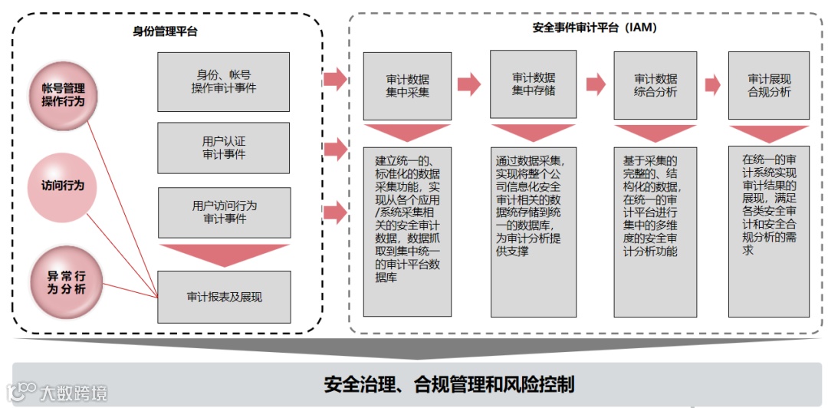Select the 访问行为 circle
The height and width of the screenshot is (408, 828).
pos(64,186)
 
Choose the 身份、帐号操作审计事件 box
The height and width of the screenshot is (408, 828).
pos(224,81)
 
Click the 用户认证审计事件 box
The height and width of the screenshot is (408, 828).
pos(224,148)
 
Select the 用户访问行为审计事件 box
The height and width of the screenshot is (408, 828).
pos(224,212)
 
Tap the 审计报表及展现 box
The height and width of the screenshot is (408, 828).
pos(224,296)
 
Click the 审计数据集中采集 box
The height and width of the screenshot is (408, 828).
pos(407,85)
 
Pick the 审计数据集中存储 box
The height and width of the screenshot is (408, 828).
pos(533,84)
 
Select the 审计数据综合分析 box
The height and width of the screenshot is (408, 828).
pos(655,85)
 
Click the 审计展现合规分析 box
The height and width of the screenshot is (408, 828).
pos(769,85)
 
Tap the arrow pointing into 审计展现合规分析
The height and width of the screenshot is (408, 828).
pos(712,84)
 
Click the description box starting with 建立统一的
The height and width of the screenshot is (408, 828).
pos(407,230)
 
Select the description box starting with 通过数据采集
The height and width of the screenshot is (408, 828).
pos(533,230)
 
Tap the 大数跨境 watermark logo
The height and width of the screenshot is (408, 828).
pos(58,393)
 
